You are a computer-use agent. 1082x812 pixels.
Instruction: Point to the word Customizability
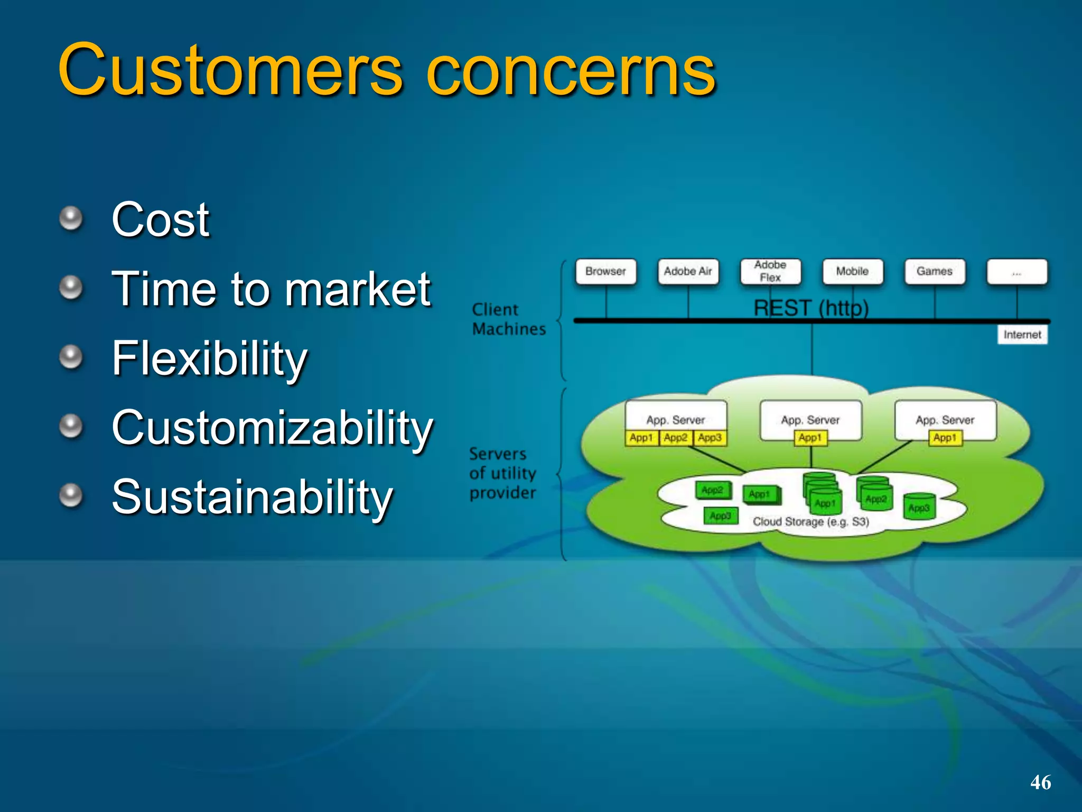tap(272, 428)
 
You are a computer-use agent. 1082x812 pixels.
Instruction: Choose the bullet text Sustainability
tap(252, 497)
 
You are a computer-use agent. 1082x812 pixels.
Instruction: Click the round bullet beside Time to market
tap(71, 288)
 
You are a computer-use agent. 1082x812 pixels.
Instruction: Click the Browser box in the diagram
tap(605, 271)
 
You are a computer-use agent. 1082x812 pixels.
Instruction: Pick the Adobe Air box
tap(688, 271)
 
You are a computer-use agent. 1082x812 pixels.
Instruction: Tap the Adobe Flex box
tap(770, 271)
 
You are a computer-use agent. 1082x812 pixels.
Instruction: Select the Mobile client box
tap(852, 271)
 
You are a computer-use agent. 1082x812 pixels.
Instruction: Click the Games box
tap(935, 271)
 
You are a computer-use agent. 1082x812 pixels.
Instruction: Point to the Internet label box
tap(1022, 335)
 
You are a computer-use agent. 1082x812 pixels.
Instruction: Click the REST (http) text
tap(811, 308)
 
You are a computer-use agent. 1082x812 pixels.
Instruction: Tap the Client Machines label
tap(508, 319)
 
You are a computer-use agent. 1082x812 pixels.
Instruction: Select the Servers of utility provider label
tap(502, 473)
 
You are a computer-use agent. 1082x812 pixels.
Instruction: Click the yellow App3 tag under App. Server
tap(710, 438)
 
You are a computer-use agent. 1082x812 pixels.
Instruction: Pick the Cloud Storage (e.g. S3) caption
tap(810, 522)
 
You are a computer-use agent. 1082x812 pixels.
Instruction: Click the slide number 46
tap(1040, 782)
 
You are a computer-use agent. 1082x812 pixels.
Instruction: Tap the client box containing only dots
tap(1017, 271)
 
